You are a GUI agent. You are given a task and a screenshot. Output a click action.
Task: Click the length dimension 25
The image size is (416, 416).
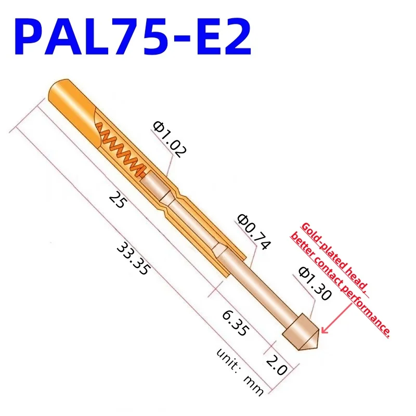[x=116, y=200]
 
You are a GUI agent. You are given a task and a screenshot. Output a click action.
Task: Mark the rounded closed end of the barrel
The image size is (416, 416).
[x=60, y=88]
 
